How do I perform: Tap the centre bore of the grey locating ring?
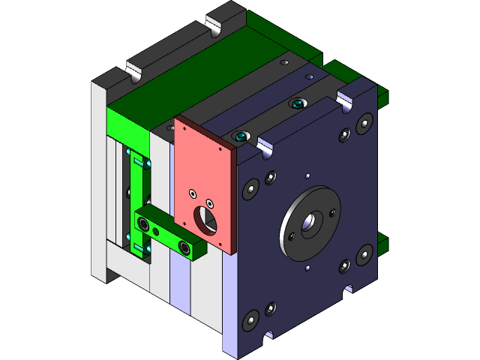pyautogui.click(x=309, y=223)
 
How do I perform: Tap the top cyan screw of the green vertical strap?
pyautogui.click(x=136, y=159)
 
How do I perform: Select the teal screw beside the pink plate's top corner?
pyautogui.click(x=240, y=136)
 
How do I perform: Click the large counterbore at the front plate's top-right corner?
pyautogui.click(x=365, y=121)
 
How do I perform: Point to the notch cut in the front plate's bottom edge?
pyautogui.click(x=349, y=287)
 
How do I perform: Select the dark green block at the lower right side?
pyautogui.click(x=383, y=242)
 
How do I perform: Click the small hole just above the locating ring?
pyautogui.click(x=307, y=177)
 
